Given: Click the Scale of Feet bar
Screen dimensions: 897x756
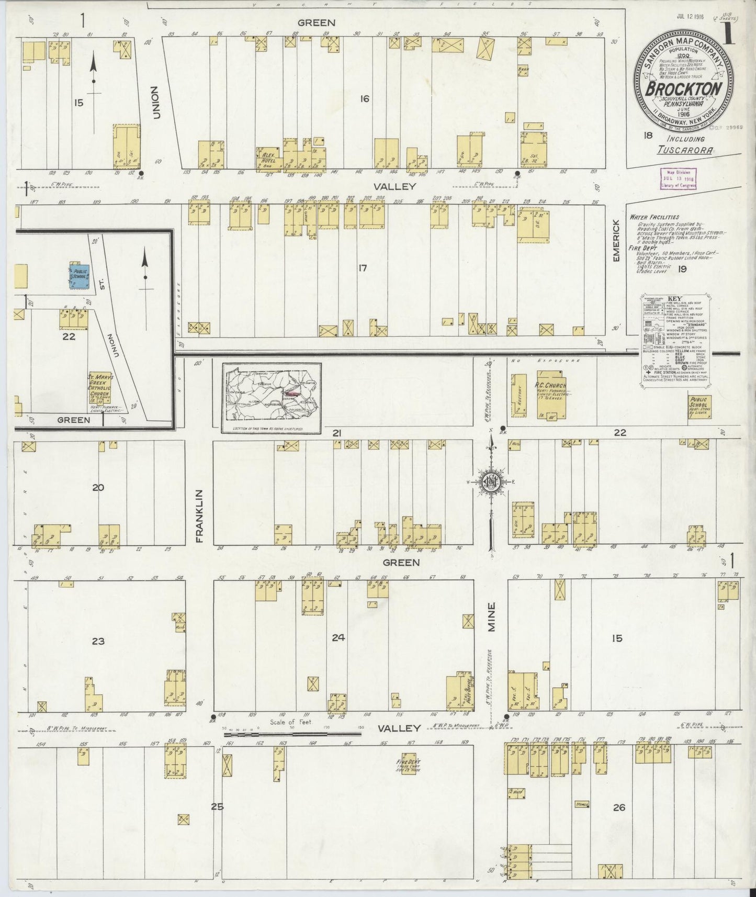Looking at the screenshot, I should coord(292,734).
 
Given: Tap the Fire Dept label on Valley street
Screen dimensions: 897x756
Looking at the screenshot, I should coord(408,765).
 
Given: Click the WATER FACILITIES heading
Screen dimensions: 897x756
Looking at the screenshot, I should coord(655,217).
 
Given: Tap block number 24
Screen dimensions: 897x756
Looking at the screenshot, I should coord(338,637).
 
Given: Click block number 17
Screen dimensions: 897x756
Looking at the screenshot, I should coord(362,268).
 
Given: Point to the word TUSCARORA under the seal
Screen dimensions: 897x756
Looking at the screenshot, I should coord(685,150).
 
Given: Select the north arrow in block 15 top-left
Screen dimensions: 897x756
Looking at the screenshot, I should coord(93,73).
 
